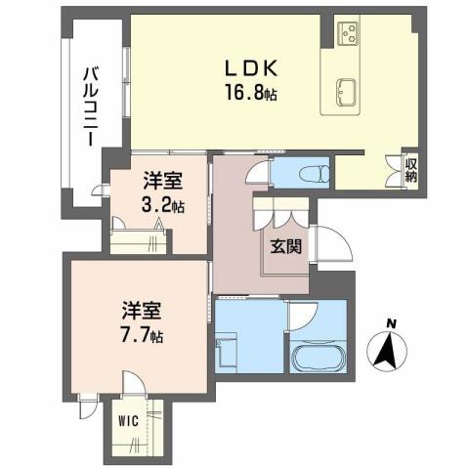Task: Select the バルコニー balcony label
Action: tap(89, 104)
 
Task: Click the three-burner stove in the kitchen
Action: tap(349, 35)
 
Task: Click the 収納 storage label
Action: tap(411, 170)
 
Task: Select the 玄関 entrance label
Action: tap(287, 245)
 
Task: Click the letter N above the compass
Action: tap(390, 324)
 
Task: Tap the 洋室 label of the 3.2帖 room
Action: tap(163, 182)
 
